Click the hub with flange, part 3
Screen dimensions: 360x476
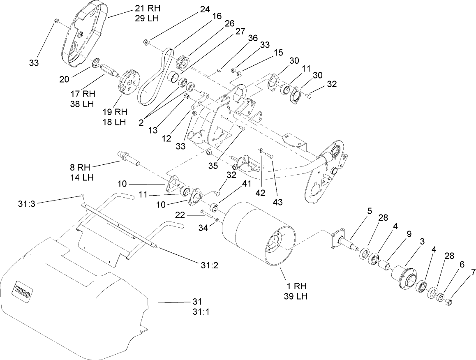(x=403, y=275)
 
